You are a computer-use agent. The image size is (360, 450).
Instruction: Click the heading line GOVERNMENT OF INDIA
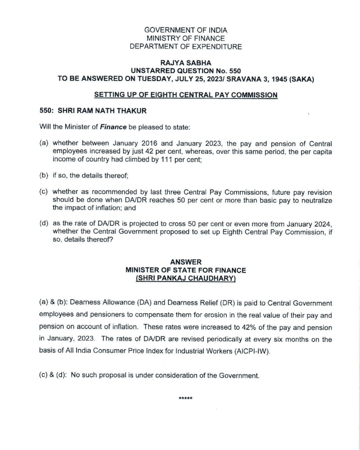coord(186,30)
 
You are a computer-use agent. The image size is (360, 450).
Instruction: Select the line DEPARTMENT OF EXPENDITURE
coord(186,47)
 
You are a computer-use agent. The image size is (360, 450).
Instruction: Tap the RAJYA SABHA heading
coord(186,63)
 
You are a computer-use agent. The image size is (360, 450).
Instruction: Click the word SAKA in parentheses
coord(301,79)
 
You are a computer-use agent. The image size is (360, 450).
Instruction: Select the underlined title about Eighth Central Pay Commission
coord(186,95)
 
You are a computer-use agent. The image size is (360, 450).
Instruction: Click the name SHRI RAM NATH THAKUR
coord(108,111)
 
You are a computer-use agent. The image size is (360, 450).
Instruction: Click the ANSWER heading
coord(186,262)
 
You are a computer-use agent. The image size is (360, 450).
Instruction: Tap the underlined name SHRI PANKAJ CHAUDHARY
coord(186,279)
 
